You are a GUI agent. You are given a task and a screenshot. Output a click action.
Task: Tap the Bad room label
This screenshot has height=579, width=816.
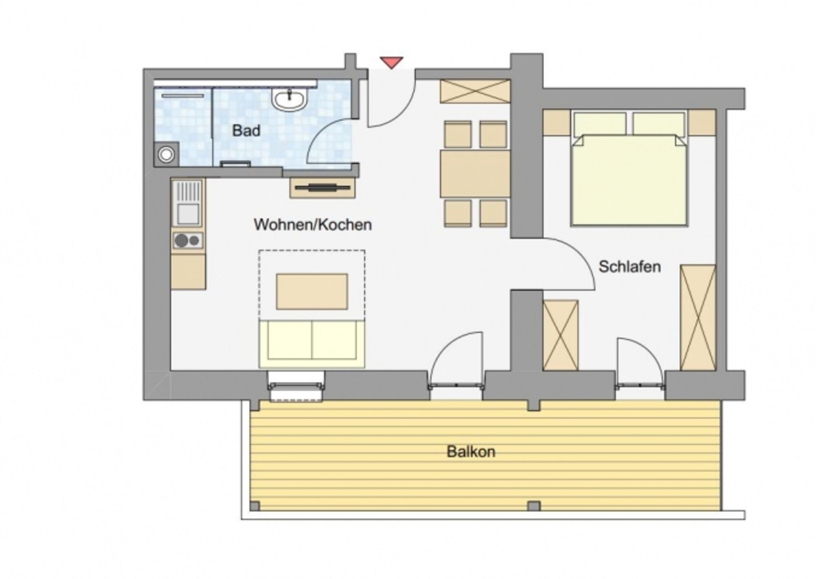tap(246, 131)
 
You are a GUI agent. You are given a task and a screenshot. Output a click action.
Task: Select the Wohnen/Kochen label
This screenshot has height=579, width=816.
tap(313, 225)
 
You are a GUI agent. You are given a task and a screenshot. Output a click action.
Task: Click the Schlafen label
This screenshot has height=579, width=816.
tap(630, 267)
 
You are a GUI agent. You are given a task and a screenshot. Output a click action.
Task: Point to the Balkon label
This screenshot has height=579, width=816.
tap(471, 452)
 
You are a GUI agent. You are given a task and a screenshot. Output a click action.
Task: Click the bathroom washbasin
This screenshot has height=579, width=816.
tap(289, 99)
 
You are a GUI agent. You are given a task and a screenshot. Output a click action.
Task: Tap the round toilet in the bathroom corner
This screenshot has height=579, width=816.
tap(166, 154)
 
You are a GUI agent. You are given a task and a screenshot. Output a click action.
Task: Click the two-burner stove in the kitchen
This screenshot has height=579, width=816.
tap(188, 241)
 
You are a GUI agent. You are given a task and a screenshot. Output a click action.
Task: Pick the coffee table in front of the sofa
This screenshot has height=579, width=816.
tap(312, 292)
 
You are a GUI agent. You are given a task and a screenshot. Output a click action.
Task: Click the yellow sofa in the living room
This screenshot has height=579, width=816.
tap(312, 343)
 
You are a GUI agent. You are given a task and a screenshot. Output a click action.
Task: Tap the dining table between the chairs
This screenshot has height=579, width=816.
tap(475, 174)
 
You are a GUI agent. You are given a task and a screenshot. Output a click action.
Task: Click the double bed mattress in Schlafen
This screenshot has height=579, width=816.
tap(630, 180)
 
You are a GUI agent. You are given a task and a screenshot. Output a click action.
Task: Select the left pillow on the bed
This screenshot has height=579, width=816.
tap(600, 124)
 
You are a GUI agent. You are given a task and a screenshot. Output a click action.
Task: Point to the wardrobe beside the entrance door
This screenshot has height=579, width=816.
tap(475, 91)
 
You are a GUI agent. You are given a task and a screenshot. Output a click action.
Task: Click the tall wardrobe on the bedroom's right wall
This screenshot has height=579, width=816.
tap(698, 318)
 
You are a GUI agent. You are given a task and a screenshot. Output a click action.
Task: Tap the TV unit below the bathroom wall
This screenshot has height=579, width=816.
tap(322, 188)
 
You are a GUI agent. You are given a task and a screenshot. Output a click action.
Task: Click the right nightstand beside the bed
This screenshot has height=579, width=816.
tap(702, 122)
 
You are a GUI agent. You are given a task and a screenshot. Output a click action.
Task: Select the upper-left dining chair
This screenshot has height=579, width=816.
tap(458, 134)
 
